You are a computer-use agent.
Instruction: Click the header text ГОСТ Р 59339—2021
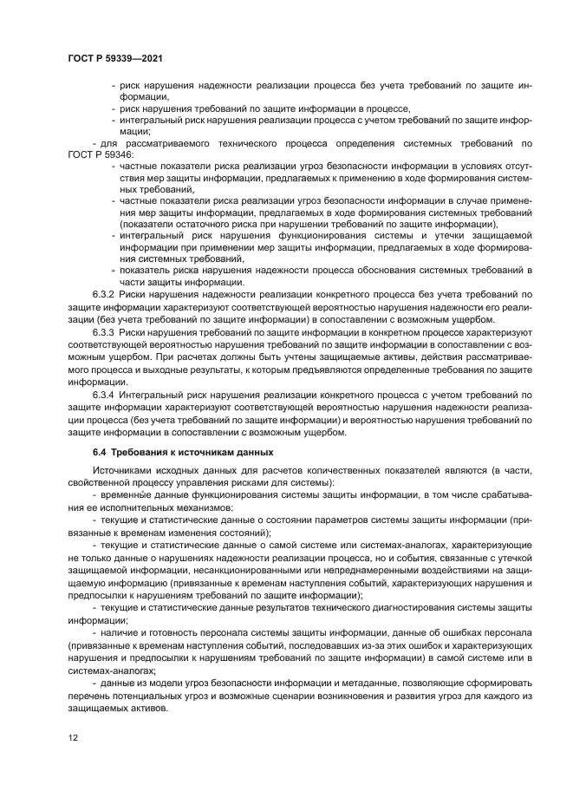pyautogui.click(x=115, y=58)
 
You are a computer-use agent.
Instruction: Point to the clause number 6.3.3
pyautogui.click(x=104, y=332)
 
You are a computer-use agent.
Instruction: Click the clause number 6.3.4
pyautogui.click(x=104, y=394)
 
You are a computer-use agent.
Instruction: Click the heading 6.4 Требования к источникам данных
pyautogui.click(x=183, y=452)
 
